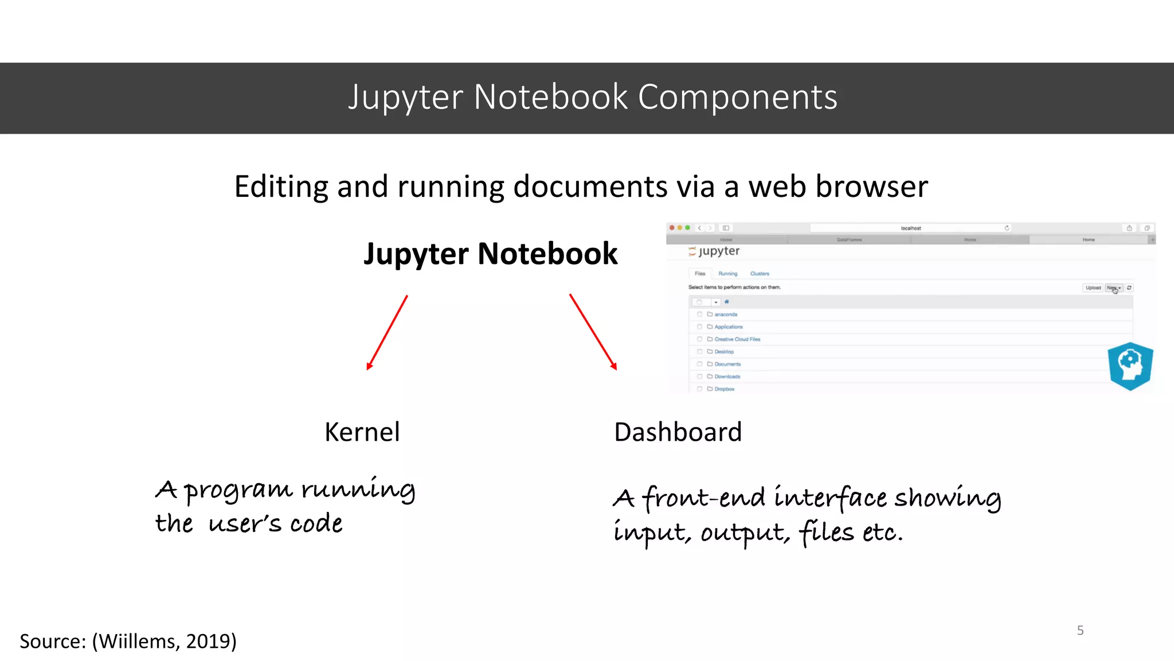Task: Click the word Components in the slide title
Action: (737, 98)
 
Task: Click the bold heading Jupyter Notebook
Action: (491, 254)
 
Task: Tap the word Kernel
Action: (362, 432)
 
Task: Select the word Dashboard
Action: (678, 432)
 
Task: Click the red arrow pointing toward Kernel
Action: (387, 333)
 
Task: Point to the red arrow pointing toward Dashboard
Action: (593, 332)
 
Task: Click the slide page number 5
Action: (1080, 631)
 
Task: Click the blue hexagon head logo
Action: (1130, 366)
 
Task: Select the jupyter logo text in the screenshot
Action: (719, 251)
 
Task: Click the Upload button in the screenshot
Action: (1093, 287)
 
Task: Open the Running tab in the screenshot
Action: (727, 274)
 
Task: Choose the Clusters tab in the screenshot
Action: (760, 274)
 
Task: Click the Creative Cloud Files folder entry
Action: (737, 339)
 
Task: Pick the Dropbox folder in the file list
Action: (724, 389)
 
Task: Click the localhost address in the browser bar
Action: (910, 228)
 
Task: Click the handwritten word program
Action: (238, 491)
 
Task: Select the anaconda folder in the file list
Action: (726, 314)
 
